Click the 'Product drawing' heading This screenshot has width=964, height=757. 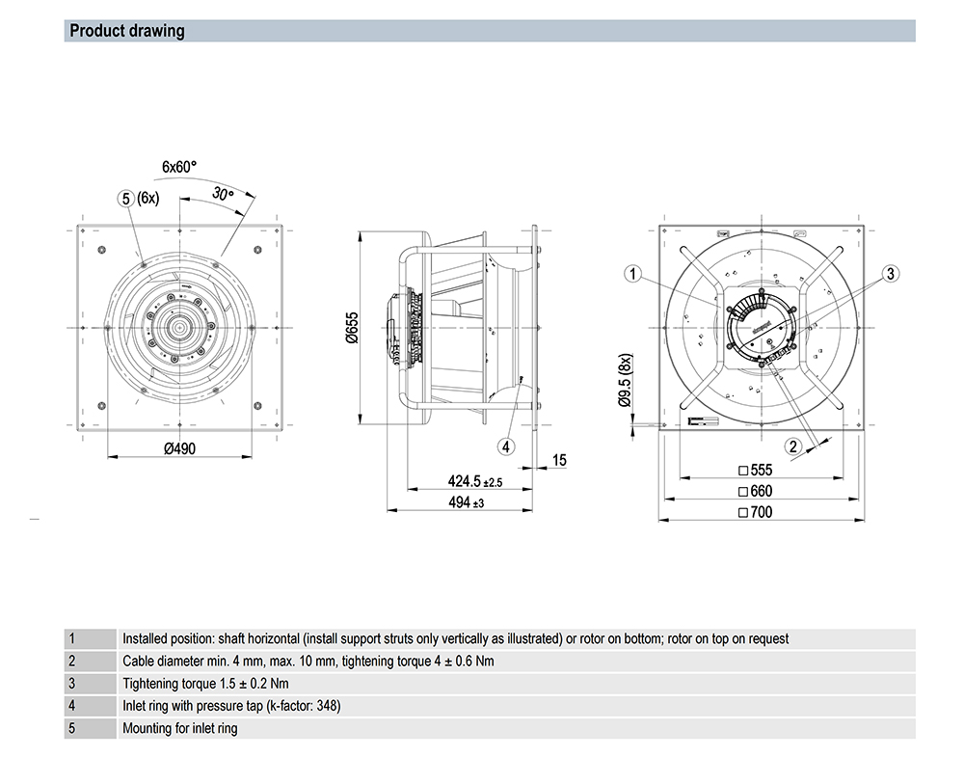[x=127, y=31]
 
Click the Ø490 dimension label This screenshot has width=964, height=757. [x=179, y=448]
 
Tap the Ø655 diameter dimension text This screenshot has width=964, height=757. [x=352, y=329]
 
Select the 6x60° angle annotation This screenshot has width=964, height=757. [x=178, y=167]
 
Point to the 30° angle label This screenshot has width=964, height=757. [x=224, y=195]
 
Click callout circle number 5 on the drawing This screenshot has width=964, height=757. [x=125, y=199]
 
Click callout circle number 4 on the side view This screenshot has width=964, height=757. [x=507, y=446]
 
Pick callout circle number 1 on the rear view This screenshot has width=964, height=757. [x=632, y=275]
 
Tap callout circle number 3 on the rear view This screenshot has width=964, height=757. [x=891, y=274]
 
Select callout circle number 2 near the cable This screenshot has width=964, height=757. [x=793, y=446]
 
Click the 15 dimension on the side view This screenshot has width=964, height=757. [x=560, y=462]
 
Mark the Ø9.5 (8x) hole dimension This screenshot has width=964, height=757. [x=624, y=380]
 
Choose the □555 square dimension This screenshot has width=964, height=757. [x=756, y=471]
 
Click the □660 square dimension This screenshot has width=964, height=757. [x=756, y=491]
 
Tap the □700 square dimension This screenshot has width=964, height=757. [x=756, y=512]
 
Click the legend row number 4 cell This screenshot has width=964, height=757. [x=70, y=706]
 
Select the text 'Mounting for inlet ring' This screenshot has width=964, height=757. [x=179, y=728]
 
